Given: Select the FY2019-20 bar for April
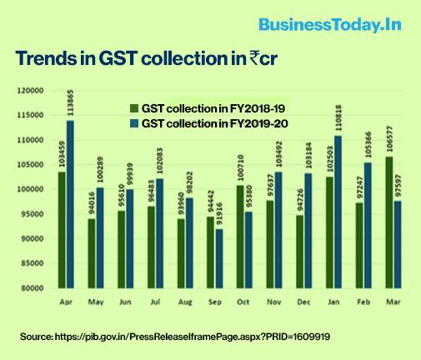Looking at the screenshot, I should pos(69,204).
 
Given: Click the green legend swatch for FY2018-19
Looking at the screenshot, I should pos(133,109).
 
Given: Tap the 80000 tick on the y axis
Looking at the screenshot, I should pos(33,288).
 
